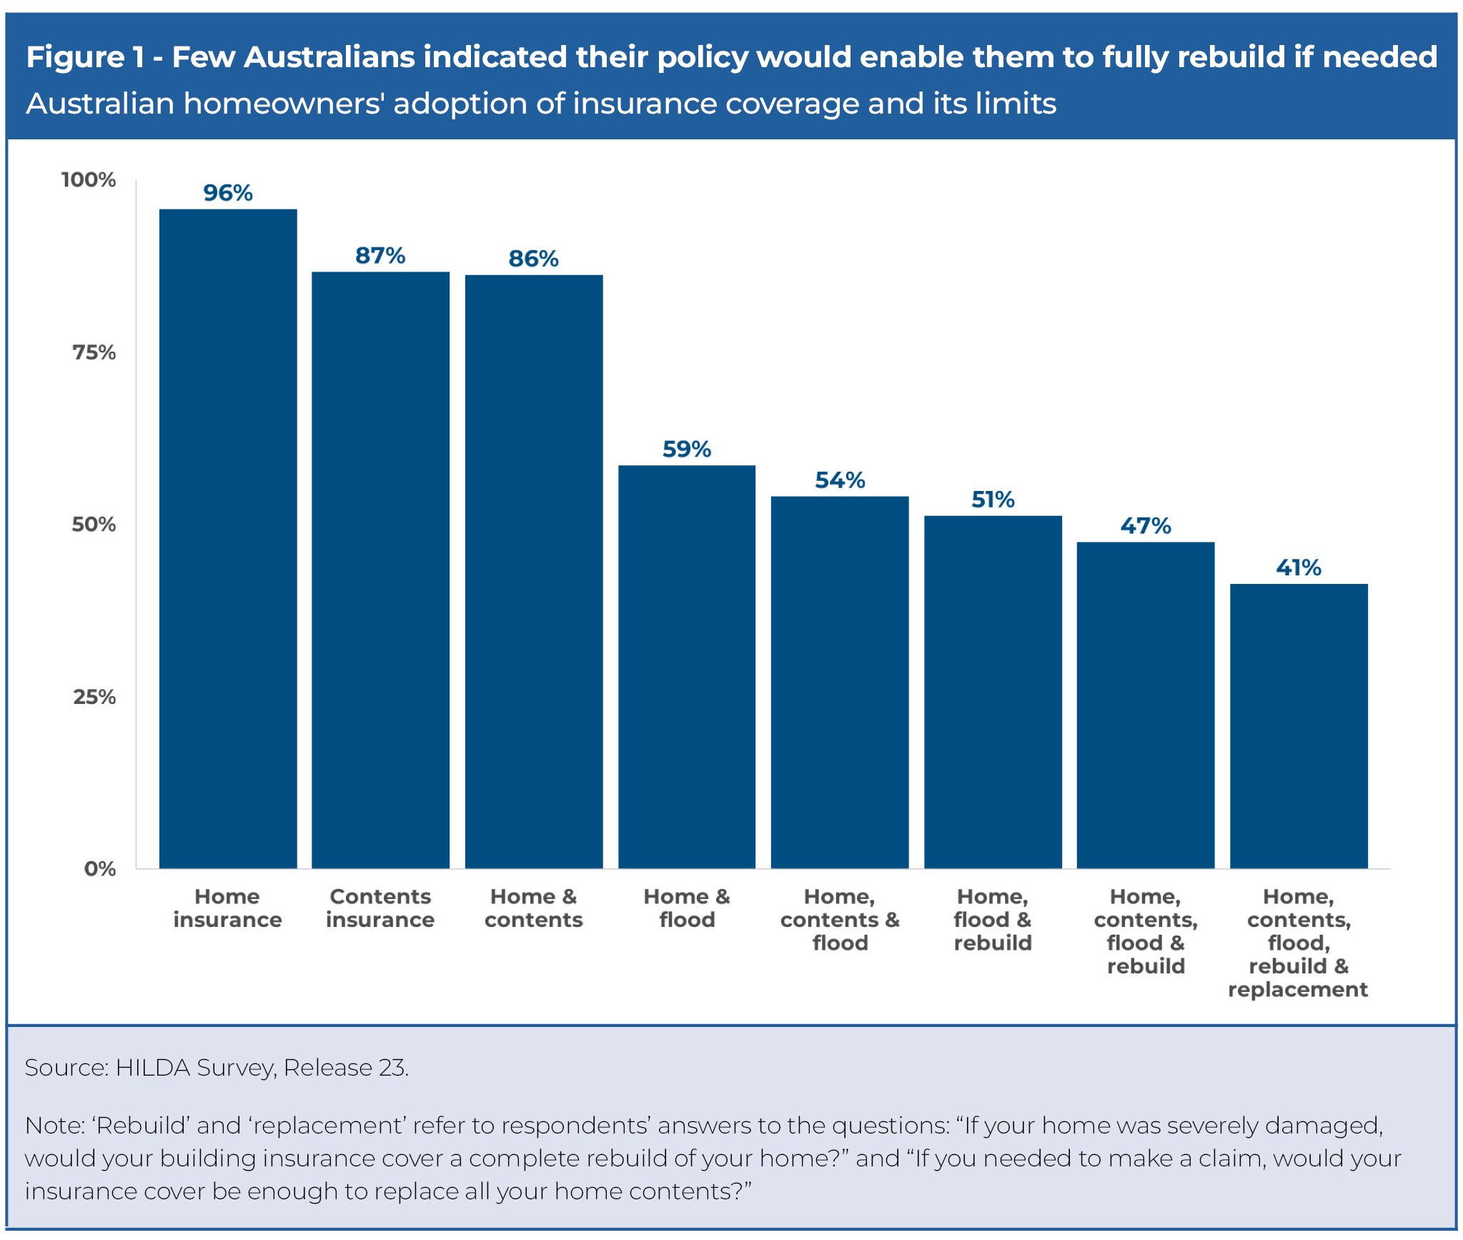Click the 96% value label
pyautogui.click(x=227, y=193)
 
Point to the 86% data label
pyautogui.click(x=533, y=259)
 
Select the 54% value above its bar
pyautogui.click(x=840, y=480)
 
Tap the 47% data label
pyautogui.click(x=1145, y=526)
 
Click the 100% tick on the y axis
pyautogui.click(x=89, y=179)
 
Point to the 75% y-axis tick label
pyautogui.click(x=94, y=352)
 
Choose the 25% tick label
pyautogui.click(x=94, y=697)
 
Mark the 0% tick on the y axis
pyautogui.click(x=99, y=869)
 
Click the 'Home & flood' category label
pyautogui.click(x=686, y=908)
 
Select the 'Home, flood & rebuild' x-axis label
pyautogui.click(x=992, y=920)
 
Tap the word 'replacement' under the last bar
pyautogui.click(x=1297, y=990)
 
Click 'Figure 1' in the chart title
pyautogui.click(x=85, y=57)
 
